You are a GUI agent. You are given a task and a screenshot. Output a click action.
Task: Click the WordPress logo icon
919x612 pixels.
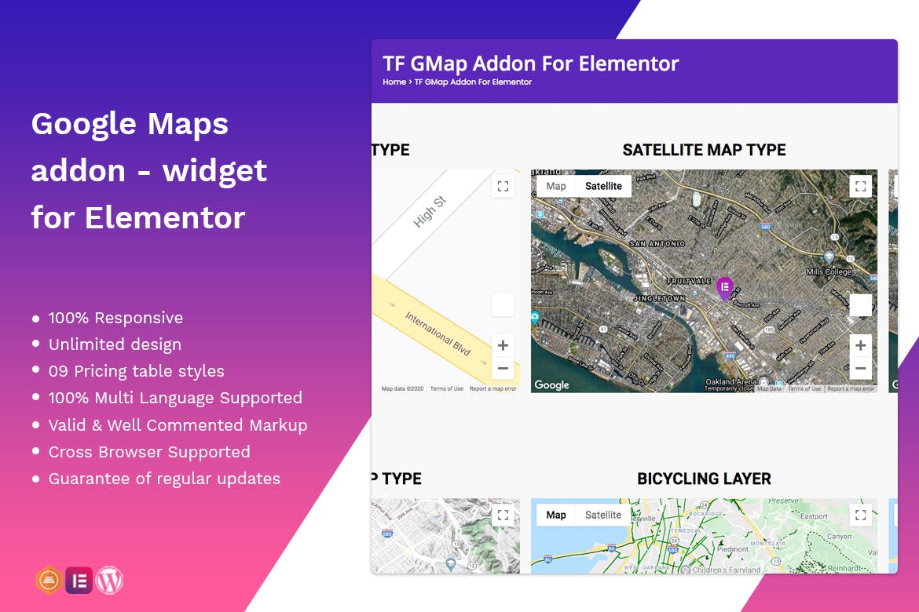click(110, 581)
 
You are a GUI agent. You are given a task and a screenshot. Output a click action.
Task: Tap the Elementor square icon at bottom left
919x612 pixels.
click(79, 581)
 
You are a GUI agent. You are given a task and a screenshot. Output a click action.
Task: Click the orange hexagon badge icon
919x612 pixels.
click(49, 581)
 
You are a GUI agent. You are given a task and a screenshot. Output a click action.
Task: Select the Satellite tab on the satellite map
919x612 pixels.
click(603, 186)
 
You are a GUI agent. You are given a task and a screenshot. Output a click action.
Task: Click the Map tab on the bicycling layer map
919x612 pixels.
click(556, 515)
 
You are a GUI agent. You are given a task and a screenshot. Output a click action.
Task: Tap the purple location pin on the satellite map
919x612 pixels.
click(724, 288)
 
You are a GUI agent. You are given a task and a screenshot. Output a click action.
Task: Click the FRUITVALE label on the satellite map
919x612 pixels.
click(688, 280)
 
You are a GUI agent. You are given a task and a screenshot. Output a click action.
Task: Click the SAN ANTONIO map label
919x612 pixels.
click(658, 244)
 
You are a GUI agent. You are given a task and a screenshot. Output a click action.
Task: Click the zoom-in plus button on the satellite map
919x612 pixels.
click(861, 345)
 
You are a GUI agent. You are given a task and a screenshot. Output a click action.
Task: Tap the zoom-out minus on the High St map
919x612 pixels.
click(503, 368)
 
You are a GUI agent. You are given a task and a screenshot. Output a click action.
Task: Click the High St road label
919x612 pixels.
click(430, 212)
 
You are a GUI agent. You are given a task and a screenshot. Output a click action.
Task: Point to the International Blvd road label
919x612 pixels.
click(438, 333)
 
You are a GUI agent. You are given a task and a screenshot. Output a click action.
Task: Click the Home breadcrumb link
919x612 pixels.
click(394, 82)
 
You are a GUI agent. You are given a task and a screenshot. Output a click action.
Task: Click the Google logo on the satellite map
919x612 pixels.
click(551, 384)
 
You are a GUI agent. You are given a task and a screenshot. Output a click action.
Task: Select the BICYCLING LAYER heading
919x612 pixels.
click(704, 479)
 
